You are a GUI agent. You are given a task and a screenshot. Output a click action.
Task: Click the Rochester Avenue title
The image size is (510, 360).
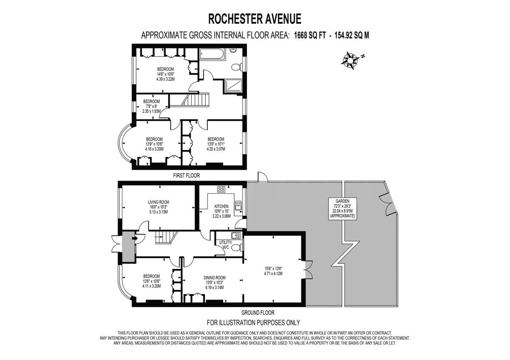pos(255,19)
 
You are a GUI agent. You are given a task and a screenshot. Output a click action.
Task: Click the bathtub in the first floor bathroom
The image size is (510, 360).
pos(212,54)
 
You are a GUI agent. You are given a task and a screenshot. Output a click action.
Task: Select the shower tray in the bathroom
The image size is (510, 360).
pos(233,85)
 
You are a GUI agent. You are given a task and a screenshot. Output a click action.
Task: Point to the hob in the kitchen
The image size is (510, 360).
pos(221,190)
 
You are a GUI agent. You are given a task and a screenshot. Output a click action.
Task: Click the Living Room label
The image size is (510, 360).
pos(159,202)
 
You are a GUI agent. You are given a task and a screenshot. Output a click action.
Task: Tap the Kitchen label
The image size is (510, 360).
pos(221,206)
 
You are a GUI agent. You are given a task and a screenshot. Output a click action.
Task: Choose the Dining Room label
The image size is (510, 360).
pos(215,278)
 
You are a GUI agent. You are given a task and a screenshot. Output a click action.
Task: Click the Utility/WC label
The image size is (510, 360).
pos(225,245)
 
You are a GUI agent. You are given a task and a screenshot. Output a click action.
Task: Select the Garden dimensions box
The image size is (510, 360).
pos(343,209)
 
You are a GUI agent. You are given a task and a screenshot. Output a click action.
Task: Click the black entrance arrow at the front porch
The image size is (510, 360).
pos(135,238)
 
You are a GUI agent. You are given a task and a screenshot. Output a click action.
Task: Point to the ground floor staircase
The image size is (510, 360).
pos(167,237)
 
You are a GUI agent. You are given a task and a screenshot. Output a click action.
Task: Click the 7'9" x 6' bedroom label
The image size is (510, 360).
pos(151,106)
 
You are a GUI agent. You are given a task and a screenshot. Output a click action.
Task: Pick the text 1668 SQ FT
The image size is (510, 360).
pos(310,36)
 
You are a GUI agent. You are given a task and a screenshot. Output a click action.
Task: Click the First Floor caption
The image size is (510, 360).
pos(186,176)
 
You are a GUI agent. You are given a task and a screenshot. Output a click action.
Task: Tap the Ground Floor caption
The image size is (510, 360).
pos(258,313)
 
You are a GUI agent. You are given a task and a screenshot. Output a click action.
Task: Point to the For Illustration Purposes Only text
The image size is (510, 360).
pos(253,323)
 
